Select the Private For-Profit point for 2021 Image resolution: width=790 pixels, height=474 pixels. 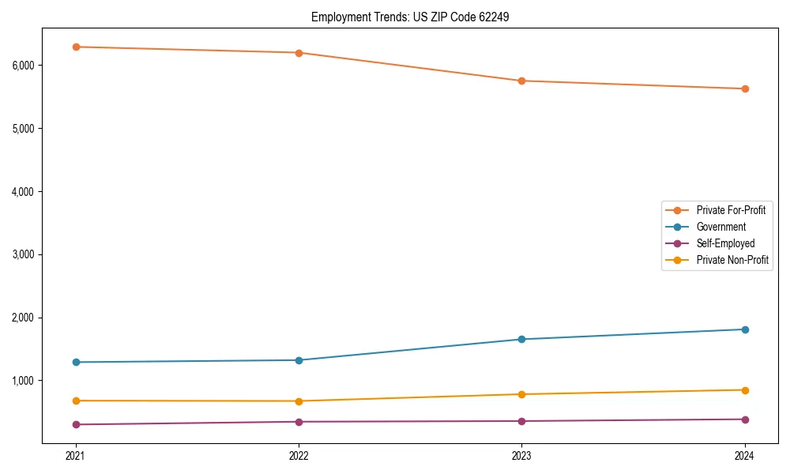coord(76,47)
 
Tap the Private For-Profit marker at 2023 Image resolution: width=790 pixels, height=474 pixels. coord(521,81)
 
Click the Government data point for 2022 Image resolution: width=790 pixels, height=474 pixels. coord(299,360)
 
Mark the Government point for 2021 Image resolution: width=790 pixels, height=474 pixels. coord(76,362)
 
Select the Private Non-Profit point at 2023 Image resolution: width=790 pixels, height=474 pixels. coord(521,394)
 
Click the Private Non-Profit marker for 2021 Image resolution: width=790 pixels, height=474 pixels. coord(76,401)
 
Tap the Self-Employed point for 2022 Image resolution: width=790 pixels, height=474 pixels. coord(299,422)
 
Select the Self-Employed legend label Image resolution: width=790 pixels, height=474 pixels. coord(725,243)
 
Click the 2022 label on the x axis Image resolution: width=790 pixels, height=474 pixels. coord(299,455)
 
